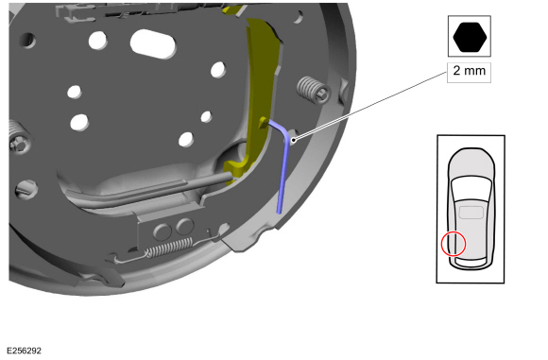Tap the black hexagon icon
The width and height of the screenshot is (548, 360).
point(469,39)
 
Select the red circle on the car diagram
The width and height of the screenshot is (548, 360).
point(453,244)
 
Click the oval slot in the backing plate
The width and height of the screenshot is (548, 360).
point(153,43)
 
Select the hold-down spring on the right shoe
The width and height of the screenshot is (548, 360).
point(309,90)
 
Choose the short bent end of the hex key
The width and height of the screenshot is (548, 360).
point(275,124)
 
